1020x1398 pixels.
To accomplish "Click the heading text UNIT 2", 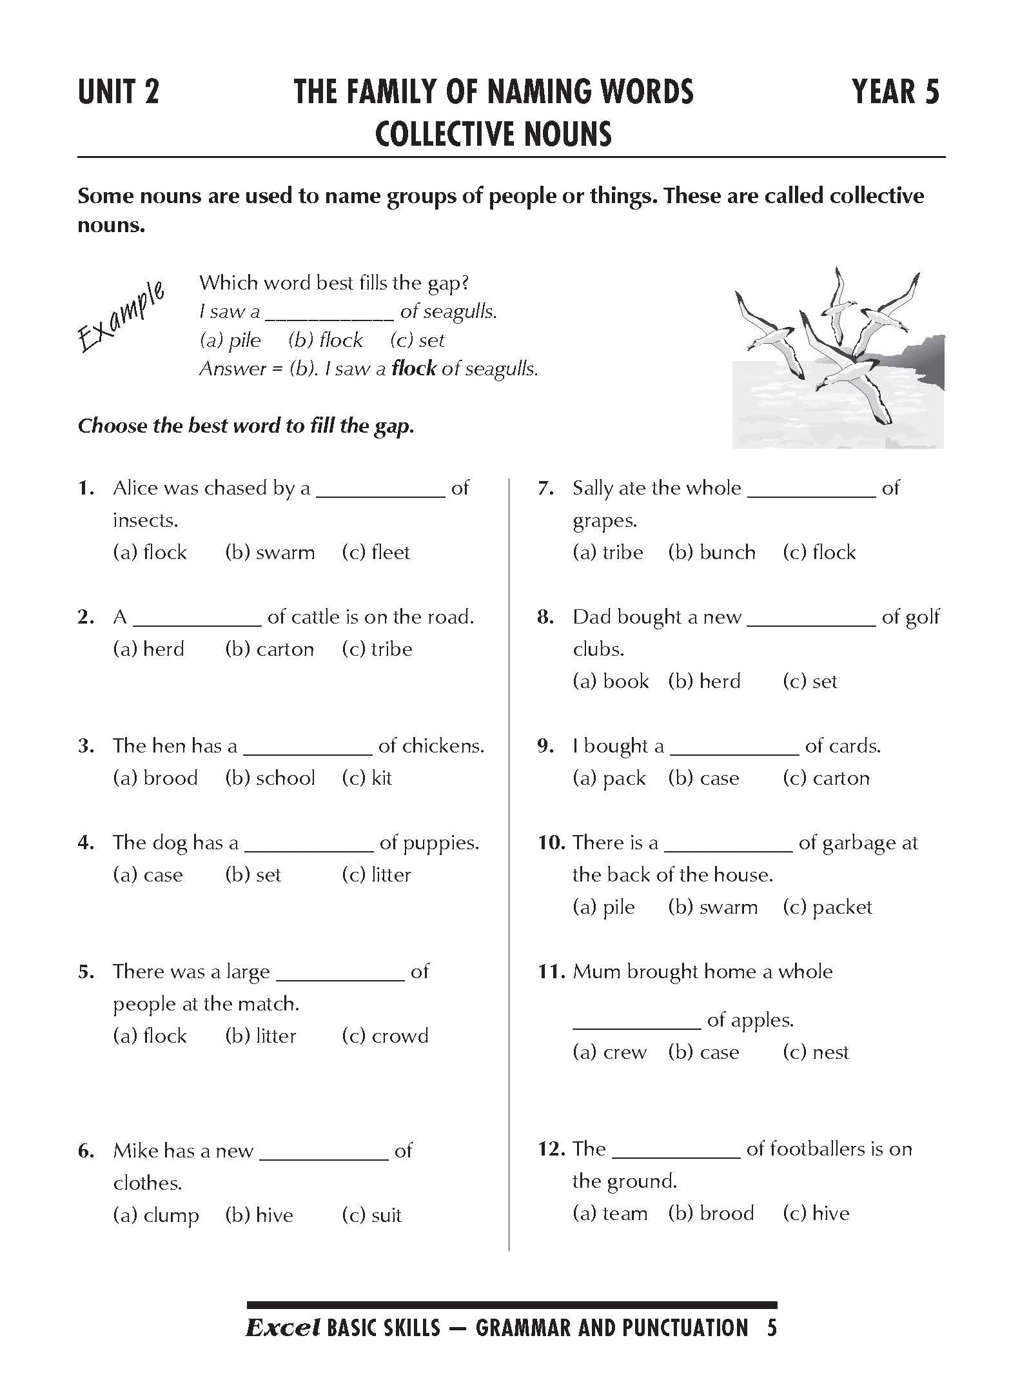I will [x=118, y=92].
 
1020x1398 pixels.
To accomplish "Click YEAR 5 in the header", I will [x=896, y=92].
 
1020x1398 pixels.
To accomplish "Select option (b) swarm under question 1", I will [x=270, y=553].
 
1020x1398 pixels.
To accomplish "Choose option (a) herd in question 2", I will [x=149, y=649].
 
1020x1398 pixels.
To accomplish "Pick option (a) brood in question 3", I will [x=155, y=778].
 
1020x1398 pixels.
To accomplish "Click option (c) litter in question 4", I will [x=376, y=875].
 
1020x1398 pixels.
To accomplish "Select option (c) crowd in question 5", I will [x=385, y=1036].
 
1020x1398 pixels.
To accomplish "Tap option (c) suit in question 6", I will [x=371, y=1216].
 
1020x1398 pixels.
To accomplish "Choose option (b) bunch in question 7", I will [x=712, y=553].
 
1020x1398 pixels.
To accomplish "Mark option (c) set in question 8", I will [x=810, y=682].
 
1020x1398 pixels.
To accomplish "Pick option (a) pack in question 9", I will [x=609, y=778].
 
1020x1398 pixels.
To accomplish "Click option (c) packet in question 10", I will [x=827, y=907].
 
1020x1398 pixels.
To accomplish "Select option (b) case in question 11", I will [x=703, y=1052].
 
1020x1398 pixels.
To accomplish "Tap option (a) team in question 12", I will [x=610, y=1214].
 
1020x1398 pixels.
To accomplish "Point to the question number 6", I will [x=86, y=1151].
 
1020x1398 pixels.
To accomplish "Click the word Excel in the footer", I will [x=283, y=1328].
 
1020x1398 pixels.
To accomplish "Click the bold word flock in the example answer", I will [x=414, y=369].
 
